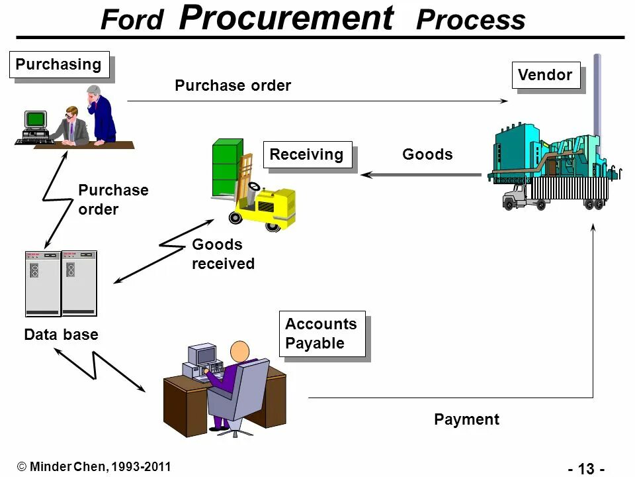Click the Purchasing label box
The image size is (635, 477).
(x=58, y=65)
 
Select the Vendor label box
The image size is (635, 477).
(x=545, y=75)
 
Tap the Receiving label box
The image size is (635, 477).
(x=307, y=155)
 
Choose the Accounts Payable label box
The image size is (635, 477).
(x=321, y=334)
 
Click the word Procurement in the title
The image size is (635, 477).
(x=286, y=19)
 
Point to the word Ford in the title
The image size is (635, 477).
(x=132, y=21)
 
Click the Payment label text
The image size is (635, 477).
(x=466, y=419)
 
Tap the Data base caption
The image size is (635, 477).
(x=61, y=335)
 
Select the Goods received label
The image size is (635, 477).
(x=223, y=254)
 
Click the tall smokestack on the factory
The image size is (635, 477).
(x=597, y=99)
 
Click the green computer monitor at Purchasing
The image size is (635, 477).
(x=36, y=120)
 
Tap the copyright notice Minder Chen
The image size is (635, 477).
(x=93, y=466)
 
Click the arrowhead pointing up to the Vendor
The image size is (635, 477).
(x=593, y=227)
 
